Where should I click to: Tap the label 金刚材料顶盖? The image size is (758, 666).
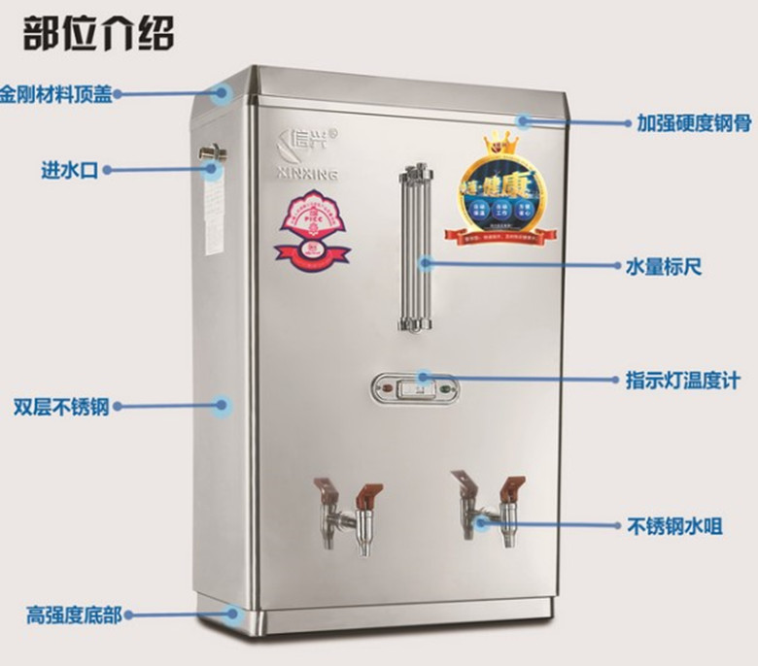point(56,94)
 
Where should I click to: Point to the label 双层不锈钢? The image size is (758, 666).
point(60,405)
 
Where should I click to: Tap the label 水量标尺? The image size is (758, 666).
point(663,264)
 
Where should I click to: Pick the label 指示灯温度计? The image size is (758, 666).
point(682,381)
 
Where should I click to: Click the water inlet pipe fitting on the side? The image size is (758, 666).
point(213,152)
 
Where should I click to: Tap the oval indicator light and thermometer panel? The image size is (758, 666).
point(415,389)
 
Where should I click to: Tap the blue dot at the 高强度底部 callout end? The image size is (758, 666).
point(233,613)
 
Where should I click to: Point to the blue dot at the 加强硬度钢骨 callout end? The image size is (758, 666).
point(524,121)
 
